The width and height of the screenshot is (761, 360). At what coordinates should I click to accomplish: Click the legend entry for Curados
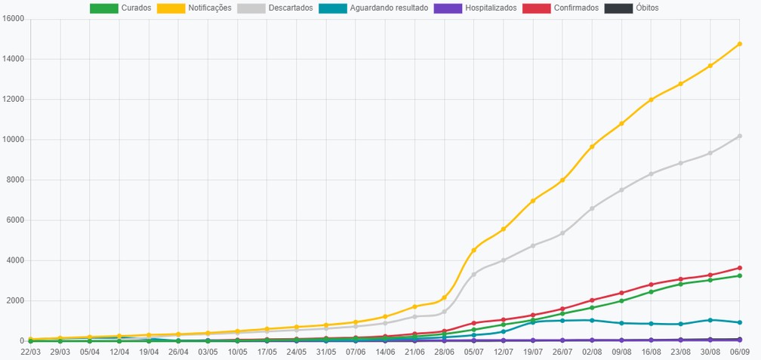click(120, 8)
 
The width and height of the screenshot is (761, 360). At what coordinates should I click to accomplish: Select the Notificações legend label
click(210, 8)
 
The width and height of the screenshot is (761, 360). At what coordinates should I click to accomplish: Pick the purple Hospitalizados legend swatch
click(448, 8)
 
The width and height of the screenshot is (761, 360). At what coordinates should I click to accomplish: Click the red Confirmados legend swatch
click(537, 8)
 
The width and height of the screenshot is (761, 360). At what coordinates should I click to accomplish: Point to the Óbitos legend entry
click(631, 8)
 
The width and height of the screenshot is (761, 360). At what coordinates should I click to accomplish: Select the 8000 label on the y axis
click(15, 180)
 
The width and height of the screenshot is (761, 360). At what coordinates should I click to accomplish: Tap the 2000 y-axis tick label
click(15, 301)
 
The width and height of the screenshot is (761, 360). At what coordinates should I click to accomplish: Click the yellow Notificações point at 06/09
click(740, 44)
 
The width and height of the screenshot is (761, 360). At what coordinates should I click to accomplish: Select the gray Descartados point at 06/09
click(740, 137)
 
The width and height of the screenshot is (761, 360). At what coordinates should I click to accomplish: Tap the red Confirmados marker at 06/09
click(740, 268)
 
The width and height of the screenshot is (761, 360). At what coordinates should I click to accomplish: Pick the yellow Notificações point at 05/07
click(473, 251)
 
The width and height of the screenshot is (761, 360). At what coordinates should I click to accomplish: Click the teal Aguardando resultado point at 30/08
click(710, 320)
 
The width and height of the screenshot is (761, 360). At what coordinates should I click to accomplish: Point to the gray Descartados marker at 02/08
click(592, 208)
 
